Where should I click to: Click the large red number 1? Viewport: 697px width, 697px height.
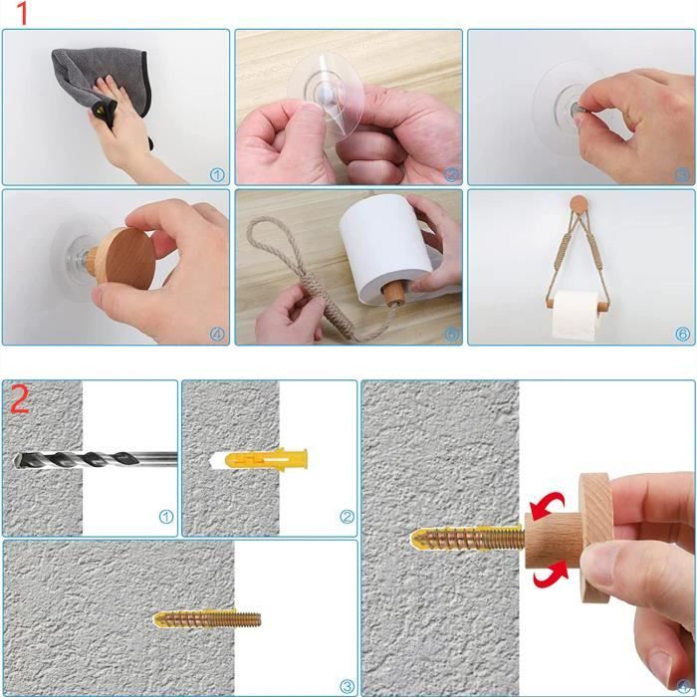22,13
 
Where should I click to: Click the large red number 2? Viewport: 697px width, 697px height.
20,398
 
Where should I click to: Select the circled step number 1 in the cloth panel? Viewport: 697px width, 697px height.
217,175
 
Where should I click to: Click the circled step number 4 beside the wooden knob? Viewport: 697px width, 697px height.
217,335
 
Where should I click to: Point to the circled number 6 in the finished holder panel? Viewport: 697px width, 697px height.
682,335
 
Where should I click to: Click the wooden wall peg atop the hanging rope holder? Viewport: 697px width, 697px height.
579,203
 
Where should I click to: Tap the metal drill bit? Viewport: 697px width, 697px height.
95,459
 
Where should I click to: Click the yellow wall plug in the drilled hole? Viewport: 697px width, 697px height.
266,459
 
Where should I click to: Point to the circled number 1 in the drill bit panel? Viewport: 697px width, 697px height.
166,517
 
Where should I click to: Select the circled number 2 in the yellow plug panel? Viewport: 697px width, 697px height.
347,517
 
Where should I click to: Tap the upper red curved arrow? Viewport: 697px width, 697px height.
547,506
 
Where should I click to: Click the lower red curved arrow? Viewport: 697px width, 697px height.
551,575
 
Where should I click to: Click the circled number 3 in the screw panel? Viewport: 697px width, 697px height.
347,686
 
